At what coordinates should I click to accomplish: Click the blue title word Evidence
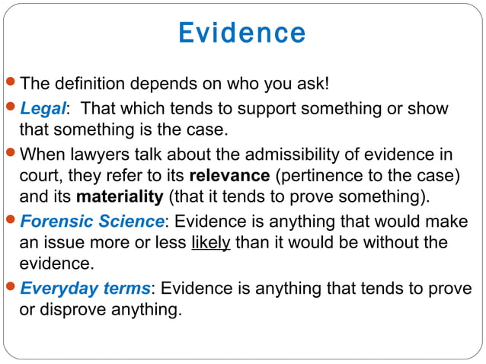pos(242,33)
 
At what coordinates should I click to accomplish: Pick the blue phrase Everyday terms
pos(85,289)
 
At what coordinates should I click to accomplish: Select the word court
pos(38,176)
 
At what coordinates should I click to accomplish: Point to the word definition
pos(95,81)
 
